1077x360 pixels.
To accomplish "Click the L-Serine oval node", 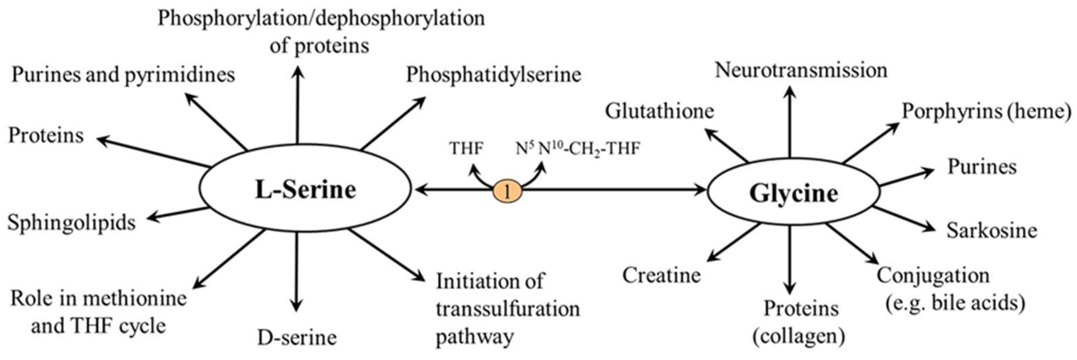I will tap(305, 189).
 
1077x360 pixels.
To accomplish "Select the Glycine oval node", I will tap(793, 193).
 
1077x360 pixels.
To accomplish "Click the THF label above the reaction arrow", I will tap(466, 149).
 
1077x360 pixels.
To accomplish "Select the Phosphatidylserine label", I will tap(493, 75).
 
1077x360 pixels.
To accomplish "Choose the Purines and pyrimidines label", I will tap(123, 75).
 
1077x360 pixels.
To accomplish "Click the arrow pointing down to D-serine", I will tap(296, 272).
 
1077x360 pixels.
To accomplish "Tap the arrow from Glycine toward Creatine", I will tap(734, 242).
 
